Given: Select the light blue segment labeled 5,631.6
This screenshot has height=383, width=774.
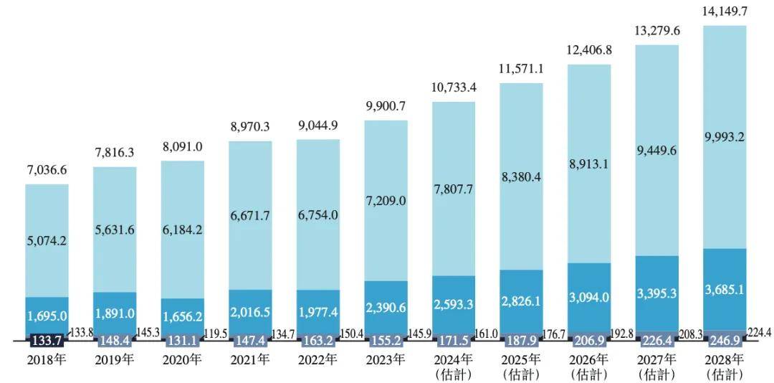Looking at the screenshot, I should coord(115,230).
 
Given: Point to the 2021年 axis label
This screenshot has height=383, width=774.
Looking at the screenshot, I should coord(250,359).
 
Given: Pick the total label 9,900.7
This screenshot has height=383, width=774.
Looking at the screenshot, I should coord(386,108).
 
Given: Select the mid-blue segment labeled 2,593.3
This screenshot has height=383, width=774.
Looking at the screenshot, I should coord(454,304).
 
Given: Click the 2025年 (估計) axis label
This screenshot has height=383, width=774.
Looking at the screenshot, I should coord(521,366).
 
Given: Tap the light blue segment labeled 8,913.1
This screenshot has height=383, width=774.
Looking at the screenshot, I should coord(589,183).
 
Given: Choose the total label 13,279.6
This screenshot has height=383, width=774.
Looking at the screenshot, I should coord(656,32).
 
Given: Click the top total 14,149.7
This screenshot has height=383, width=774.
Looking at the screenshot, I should coord(725,12).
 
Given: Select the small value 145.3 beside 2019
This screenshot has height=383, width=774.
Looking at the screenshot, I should coord(149,334).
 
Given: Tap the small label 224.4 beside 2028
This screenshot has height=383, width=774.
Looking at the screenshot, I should coord(759,333).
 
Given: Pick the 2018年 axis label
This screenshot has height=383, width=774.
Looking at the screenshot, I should coord(47,359).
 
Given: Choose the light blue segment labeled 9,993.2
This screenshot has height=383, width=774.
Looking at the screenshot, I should coord(725,136).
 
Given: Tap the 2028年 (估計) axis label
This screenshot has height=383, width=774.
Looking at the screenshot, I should coord(725,366).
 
